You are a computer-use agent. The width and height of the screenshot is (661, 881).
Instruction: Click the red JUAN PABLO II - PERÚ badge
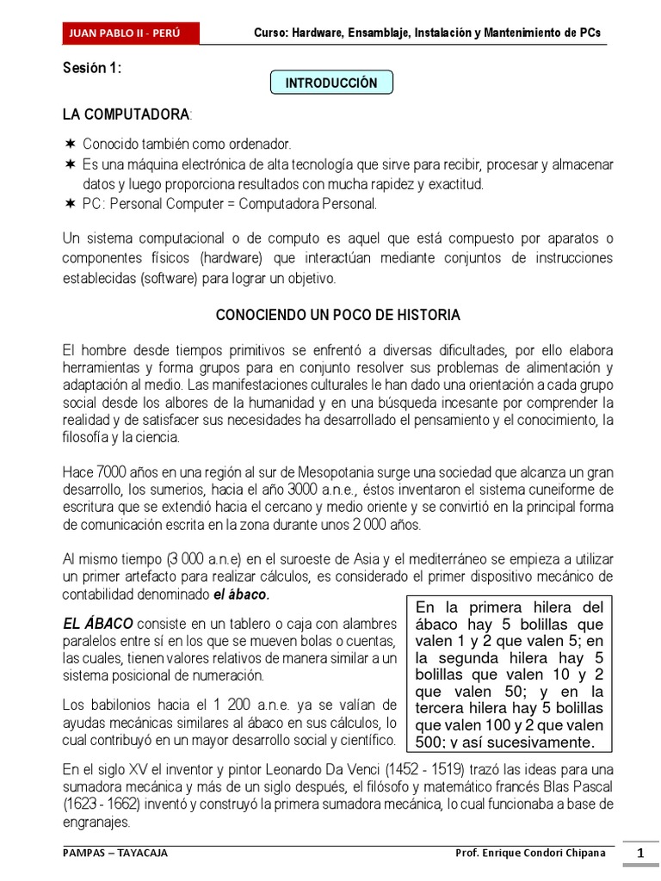point(131,34)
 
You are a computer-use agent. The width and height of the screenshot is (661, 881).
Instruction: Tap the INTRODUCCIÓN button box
point(331,83)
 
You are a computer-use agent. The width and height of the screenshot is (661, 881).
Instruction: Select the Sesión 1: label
point(92,69)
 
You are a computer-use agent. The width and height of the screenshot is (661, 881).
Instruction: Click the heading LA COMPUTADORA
point(126,114)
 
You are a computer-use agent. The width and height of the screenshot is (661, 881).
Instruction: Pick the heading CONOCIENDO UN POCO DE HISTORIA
point(337,316)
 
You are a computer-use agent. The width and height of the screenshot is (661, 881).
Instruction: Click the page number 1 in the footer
point(640,853)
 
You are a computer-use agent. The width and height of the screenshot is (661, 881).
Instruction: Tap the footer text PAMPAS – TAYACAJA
point(116,853)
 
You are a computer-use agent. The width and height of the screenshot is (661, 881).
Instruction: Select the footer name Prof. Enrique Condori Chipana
point(529,853)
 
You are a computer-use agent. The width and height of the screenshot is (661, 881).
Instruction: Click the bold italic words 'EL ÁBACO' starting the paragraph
point(98,623)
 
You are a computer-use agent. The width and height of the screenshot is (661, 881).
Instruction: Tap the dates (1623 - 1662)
point(106,804)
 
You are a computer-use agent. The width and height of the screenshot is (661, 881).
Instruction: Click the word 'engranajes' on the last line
point(96,822)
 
